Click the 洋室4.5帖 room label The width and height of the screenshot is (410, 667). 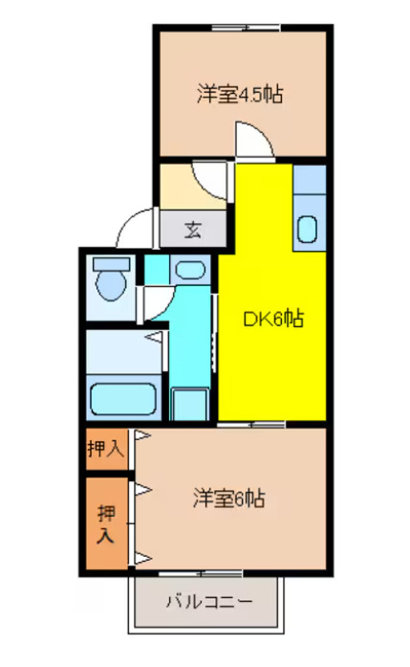240,95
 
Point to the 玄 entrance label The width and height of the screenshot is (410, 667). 193,230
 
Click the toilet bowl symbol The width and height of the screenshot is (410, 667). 112,285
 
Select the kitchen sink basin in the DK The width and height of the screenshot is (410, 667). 308,229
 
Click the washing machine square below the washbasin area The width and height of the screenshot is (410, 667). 188,403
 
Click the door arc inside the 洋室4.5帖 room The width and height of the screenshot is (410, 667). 250,139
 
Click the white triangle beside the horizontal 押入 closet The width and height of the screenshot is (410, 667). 141,436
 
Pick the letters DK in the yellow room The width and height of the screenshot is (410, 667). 258,319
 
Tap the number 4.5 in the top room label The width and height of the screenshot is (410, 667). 255,95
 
